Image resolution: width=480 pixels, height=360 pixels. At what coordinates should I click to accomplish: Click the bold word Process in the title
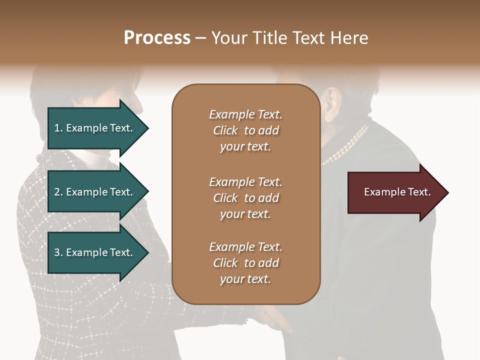(157, 38)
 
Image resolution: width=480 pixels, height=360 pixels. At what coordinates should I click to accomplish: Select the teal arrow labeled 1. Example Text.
(95, 128)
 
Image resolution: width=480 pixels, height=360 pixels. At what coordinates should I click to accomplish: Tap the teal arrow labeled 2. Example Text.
(95, 192)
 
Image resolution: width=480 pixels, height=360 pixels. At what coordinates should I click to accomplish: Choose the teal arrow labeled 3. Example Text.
(95, 252)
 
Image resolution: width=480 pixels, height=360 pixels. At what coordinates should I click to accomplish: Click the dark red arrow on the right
(395, 192)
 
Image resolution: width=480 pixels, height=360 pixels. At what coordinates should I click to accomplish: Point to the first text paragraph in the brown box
(245, 130)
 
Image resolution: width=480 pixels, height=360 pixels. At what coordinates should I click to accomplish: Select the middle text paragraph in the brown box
(245, 198)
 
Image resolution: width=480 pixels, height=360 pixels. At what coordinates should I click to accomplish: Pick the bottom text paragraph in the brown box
(245, 263)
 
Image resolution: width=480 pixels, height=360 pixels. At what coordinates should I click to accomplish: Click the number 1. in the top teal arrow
(58, 128)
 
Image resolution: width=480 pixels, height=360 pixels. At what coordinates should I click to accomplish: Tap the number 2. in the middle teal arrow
(58, 192)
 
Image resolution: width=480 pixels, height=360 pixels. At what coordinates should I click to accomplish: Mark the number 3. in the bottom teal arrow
(58, 252)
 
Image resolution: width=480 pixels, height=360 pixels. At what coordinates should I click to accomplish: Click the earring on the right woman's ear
(329, 119)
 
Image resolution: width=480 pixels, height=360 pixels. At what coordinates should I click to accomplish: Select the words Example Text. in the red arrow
(397, 192)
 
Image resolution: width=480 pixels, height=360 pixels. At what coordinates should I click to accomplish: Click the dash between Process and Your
(201, 38)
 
